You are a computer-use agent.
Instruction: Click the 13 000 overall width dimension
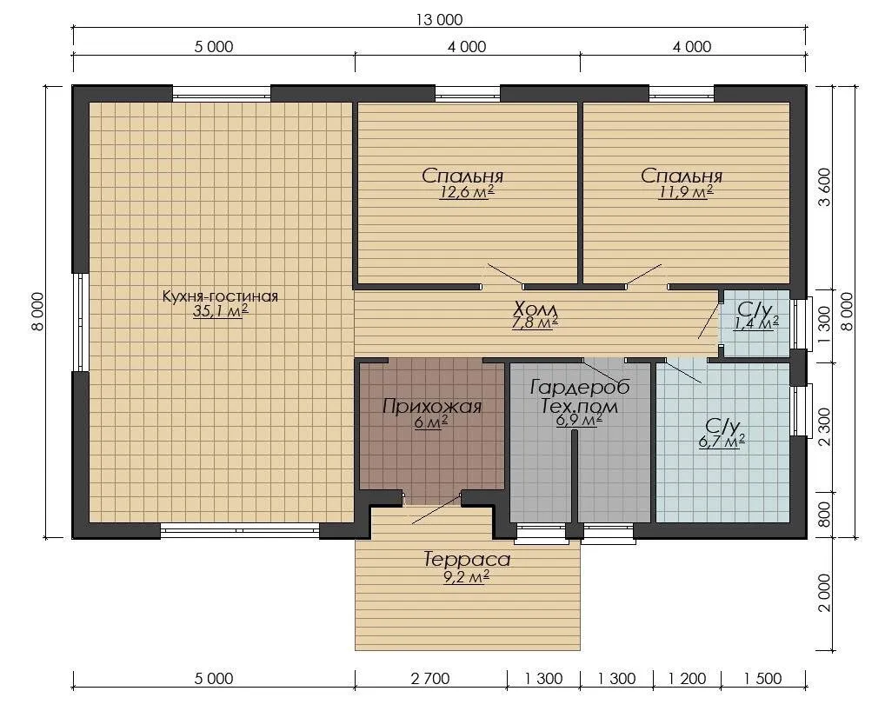pos(439,20)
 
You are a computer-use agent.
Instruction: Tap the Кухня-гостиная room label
pos(220,296)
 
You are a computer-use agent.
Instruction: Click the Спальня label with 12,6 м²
pos(462,176)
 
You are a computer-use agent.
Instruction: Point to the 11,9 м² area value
pos(685,192)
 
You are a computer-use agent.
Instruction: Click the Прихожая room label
pos(432,406)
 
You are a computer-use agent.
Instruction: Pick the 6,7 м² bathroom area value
pos(722,442)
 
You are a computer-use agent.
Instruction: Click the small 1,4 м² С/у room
pos(756,323)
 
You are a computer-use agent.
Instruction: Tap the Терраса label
pos(467,559)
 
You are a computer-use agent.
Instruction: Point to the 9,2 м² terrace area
pos(466,576)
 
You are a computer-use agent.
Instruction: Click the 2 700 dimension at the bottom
pos(430,678)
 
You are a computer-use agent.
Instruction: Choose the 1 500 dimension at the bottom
pos(762,678)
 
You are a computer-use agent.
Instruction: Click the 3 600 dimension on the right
pos(824,188)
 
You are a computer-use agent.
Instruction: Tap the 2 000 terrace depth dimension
pos(824,593)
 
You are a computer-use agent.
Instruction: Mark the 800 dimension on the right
pos(824,515)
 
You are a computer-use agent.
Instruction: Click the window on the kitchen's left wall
pos(81,322)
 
